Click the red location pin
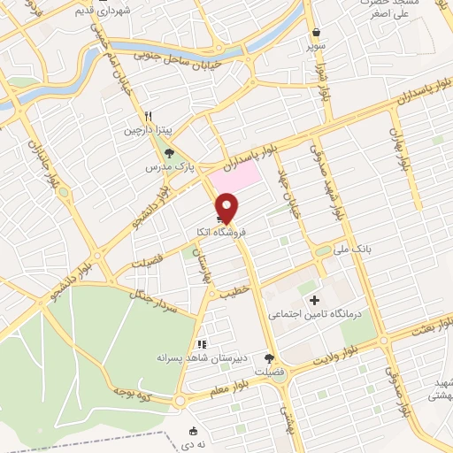point(227,208)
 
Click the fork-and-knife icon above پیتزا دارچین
point(150,116)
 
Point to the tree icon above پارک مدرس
point(169,151)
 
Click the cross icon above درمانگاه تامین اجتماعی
point(315,301)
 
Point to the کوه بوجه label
point(132,390)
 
